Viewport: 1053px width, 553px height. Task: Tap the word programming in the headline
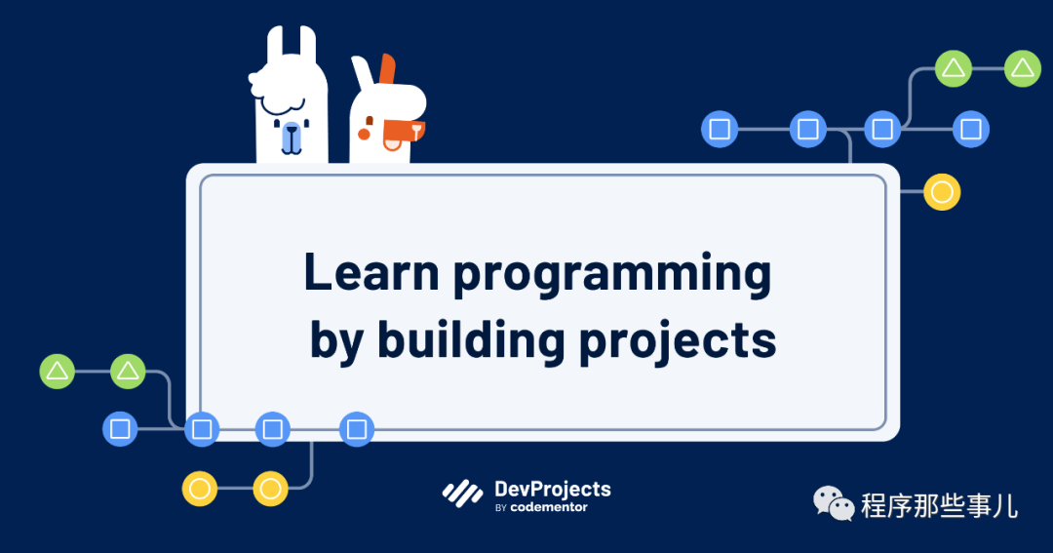tap(612, 275)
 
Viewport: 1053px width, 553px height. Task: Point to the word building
tap(471, 339)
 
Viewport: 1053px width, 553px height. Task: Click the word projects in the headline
tap(678, 341)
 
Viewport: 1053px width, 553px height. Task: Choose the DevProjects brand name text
tap(553, 490)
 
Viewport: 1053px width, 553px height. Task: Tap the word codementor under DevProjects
tap(549, 507)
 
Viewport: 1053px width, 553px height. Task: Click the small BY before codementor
tap(500, 508)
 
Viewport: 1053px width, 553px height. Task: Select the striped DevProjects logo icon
tap(462, 494)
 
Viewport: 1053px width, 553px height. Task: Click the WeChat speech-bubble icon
tap(834, 504)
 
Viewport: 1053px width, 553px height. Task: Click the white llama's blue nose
tap(291, 137)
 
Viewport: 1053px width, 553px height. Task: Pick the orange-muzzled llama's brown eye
tap(369, 121)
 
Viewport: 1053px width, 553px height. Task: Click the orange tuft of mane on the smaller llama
tap(387, 68)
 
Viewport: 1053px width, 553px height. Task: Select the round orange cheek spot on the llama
tap(364, 135)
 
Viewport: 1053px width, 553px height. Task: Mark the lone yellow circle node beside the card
tap(942, 192)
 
